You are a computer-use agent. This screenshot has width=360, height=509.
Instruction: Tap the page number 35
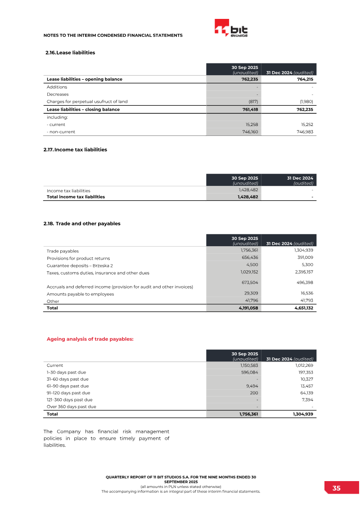point(337,488)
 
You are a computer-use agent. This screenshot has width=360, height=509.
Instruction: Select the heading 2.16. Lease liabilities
point(70,53)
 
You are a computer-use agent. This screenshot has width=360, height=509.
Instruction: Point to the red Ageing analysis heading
point(90,339)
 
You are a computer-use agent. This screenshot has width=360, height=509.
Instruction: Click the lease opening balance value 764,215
point(304,79)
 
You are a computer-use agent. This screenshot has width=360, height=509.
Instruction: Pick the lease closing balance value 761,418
point(248,109)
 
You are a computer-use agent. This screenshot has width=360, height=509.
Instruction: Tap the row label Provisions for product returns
point(78,258)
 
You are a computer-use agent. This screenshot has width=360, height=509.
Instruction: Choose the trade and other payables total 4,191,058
point(247,308)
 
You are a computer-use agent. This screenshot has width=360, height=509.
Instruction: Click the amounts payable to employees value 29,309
point(250,293)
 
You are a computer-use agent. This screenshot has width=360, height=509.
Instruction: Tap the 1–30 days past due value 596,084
point(248,372)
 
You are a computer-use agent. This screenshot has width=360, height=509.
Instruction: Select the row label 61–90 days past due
point(67,386)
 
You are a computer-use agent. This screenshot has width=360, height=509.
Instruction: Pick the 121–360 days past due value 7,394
point(305,400)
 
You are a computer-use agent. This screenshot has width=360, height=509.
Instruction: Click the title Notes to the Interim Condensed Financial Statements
point(112,35)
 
